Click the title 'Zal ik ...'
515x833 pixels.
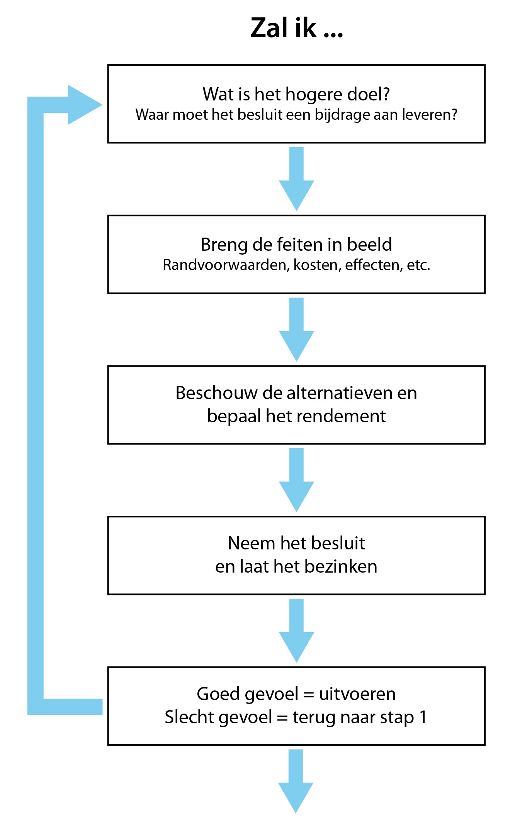click(296, 28)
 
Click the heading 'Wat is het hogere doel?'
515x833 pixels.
click(296, 94)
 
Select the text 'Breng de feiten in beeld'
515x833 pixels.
click(296, 245)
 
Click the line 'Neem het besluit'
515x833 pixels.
click(296, 543)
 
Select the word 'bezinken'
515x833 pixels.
click(341, 566)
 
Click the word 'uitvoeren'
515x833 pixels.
click(357, 694)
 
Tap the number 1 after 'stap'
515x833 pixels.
click(423, 717)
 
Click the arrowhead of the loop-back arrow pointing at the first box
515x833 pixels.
click(85, 105)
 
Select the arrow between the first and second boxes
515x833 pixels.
click(296, 178)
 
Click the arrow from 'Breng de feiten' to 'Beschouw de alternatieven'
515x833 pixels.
click(296, 329)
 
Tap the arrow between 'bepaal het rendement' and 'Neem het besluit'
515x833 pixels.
click(296, 480)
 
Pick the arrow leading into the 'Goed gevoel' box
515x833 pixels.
click(296, 631)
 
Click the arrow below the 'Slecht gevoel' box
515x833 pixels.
click(296, 781)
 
